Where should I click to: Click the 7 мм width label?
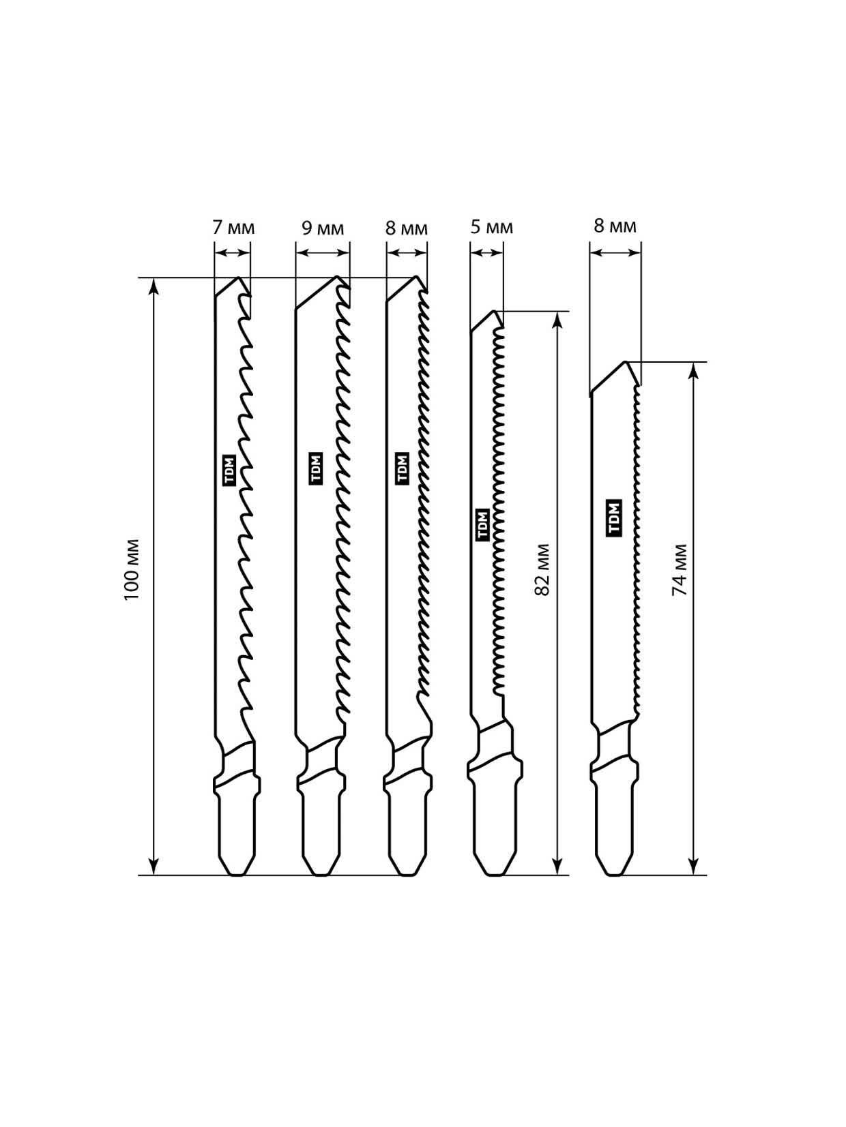[x=234, y=228]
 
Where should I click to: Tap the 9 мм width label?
[x=323, y=228]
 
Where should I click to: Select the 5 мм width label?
[x=492, y=226]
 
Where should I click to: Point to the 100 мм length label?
[x=132, y=571]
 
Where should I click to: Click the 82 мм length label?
[x=542, y=569]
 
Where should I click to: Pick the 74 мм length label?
[x=680, y=569]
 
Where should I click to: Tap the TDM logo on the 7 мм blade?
[x=230, y=470]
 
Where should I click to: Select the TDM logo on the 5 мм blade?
[x=482, y=524]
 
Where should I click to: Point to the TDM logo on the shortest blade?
[x=615, y=518]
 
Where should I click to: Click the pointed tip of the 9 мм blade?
[x=338, y=277]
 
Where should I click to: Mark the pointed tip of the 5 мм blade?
[x=494, y=311]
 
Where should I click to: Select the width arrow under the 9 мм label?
[x=323, y=253]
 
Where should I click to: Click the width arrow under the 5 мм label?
[x=486, y=253]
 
